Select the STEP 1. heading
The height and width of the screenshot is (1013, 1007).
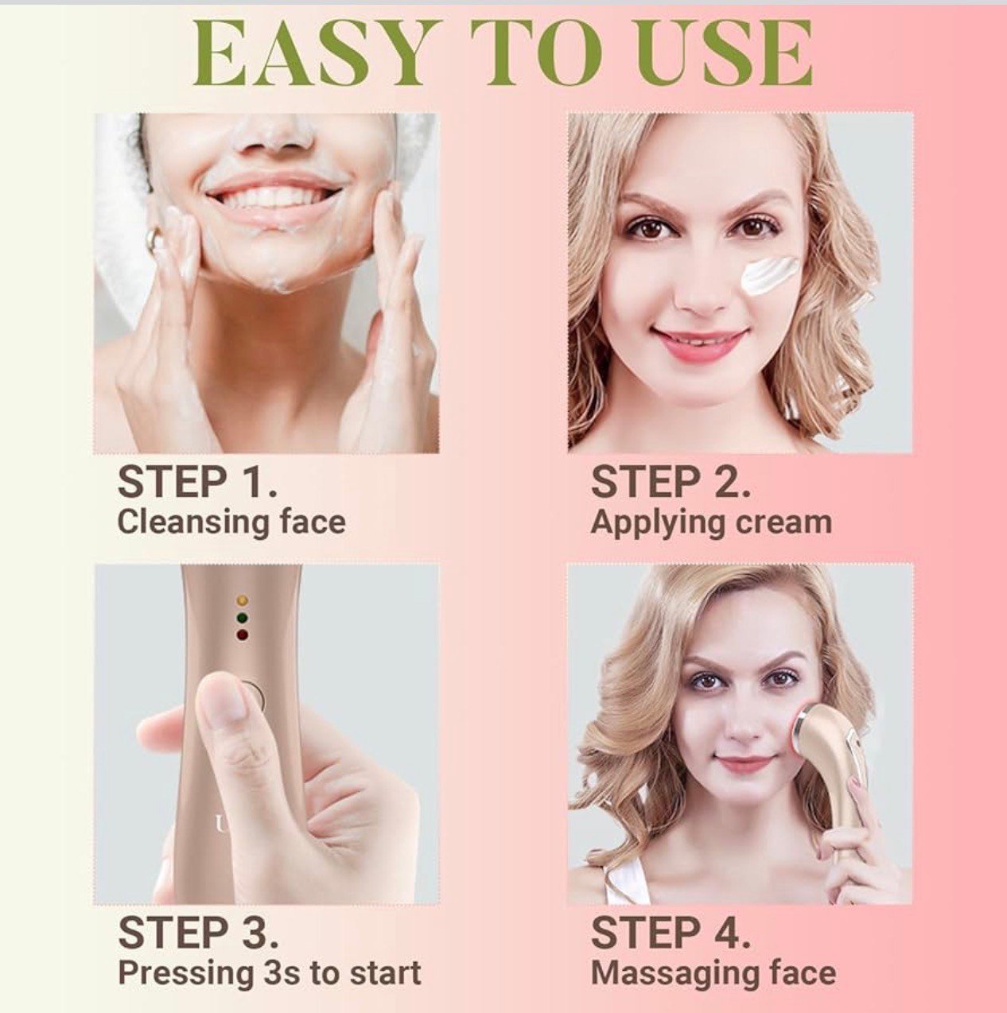[197, 483]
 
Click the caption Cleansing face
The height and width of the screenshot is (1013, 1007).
[231, 522]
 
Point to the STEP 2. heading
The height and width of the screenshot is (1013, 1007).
[671, 483]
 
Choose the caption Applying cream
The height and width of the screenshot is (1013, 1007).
[711, 522]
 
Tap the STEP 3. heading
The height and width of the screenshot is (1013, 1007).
[198, 933]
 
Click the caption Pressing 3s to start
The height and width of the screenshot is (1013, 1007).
[270, 972]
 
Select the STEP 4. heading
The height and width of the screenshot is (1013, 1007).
[671, 933]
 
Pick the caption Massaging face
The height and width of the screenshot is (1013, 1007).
[713, 972]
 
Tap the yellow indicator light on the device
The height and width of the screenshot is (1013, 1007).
[243, 600]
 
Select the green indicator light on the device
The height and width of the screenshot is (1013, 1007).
[243, 618]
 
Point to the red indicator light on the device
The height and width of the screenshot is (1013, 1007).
[243, 635]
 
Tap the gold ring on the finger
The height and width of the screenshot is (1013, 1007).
[156, 239]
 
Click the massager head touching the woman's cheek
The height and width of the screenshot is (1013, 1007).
[810, 728]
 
